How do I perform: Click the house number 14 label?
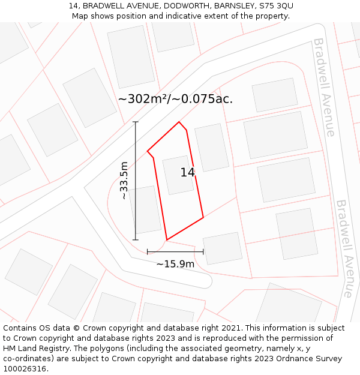click(188, 172)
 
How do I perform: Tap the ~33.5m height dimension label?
click(124, 181)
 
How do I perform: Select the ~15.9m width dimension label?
click(175, 264)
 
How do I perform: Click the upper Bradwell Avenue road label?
click(323, 87)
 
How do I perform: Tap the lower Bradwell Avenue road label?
click(346, 248)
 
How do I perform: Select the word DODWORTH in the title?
click(178, 5)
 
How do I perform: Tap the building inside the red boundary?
click(178, 175)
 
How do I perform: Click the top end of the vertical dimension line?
click(136, 122)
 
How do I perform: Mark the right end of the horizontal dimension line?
click(203, 252)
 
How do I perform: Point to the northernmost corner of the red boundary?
click(179, 122)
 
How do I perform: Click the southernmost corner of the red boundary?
click(167, 240)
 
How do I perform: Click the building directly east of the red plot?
click(212, 148)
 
